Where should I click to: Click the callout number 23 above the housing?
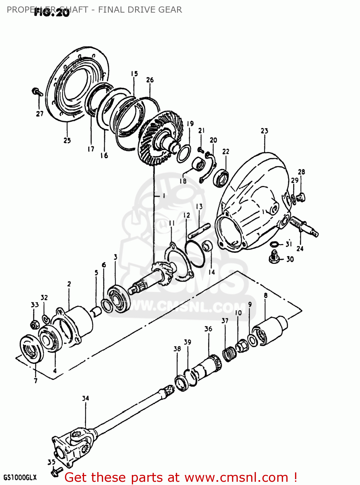pos(264,131)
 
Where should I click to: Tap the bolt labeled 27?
pos(37,92)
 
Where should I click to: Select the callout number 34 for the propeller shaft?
pos(85,398)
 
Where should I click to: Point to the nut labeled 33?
pos(35,324)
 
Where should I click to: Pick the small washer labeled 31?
pos(274,244)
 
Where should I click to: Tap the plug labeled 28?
pos(301,196)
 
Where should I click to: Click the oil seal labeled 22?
pos(221,178)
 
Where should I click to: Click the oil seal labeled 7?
pos(32,351)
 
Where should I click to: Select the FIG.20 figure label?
pos(52,13)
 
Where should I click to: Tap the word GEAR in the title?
pos(170,10)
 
